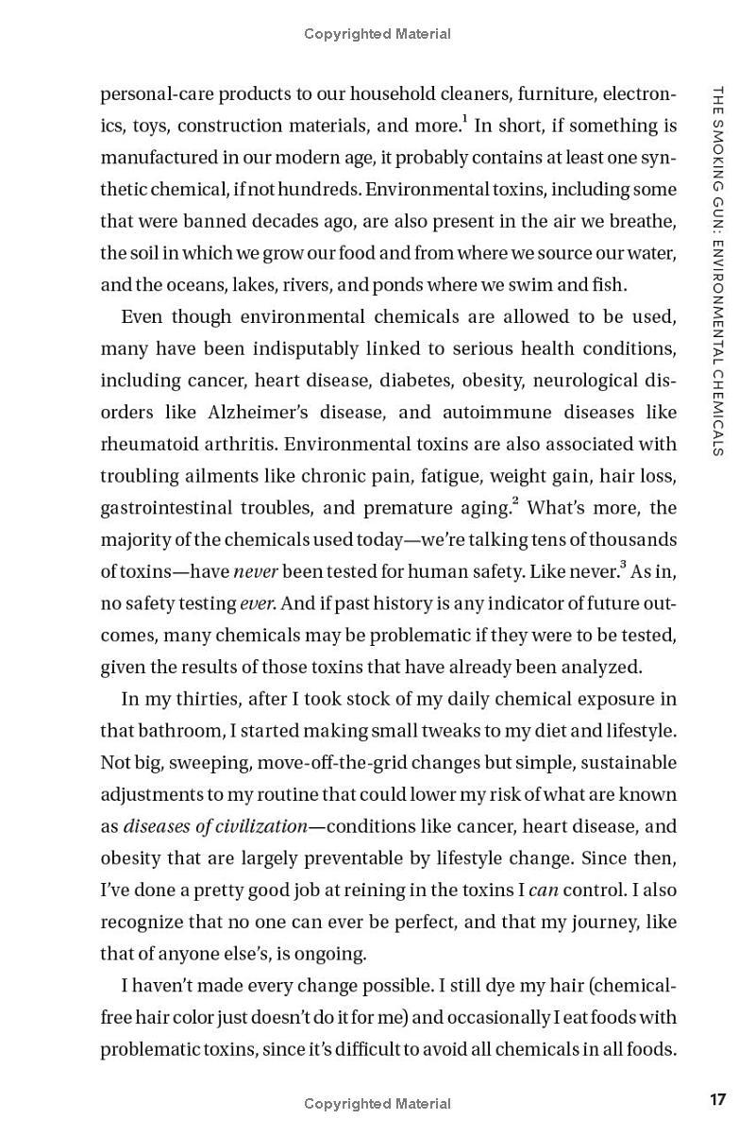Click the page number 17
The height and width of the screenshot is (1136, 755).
pos(718,1099)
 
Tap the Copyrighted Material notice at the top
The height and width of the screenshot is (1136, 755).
pos(377,34)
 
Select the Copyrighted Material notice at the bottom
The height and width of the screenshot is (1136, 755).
pos(377,1103)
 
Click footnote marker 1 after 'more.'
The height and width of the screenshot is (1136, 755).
pos(465,119)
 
